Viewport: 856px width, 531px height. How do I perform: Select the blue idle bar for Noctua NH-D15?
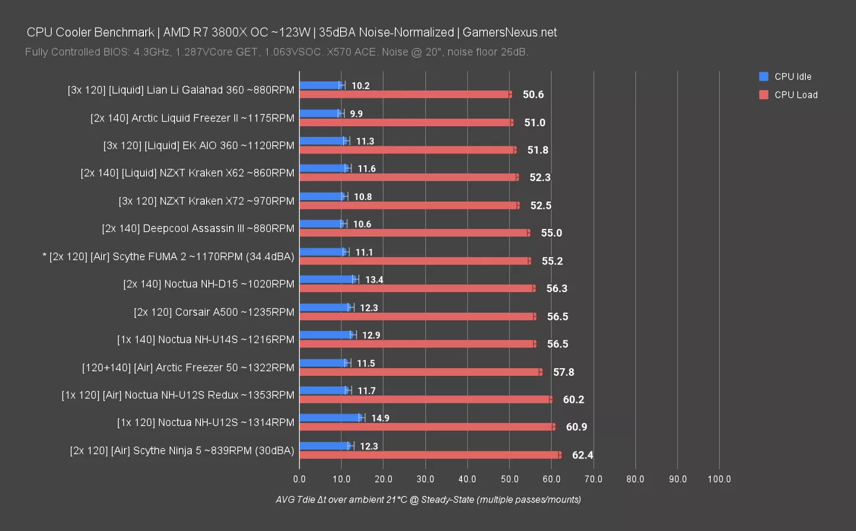click(x=327, y=279)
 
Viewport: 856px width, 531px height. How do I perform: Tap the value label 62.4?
click(x=582, y=455)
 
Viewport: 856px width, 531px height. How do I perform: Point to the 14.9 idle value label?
click(x=380, y=418)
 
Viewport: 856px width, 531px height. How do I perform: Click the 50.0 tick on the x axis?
click(x=509, y=479)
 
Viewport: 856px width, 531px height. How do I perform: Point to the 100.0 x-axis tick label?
click(x=719, y=479)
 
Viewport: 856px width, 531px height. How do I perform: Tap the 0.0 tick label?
click(x=300, y=479)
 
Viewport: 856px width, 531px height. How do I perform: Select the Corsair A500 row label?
click(x=214, y=312)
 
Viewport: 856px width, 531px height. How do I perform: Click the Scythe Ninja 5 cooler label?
click(x=182, y=451)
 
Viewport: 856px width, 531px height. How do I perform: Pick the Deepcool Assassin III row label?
click(x=198, y=229)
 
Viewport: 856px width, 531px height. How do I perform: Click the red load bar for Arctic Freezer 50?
click(x=420, y=372)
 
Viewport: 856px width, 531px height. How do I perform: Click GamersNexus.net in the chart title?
click(x=510, y=32)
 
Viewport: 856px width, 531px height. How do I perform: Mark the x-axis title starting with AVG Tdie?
click(x=428, y=500)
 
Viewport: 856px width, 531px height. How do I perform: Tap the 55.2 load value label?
click(x=552, y=261)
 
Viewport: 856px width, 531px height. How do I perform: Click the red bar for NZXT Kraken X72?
click(x=409, y=205)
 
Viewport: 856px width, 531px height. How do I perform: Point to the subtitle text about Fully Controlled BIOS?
click(x=277, y=52)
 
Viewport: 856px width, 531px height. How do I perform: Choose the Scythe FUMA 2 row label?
click(x=168, y=257)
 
